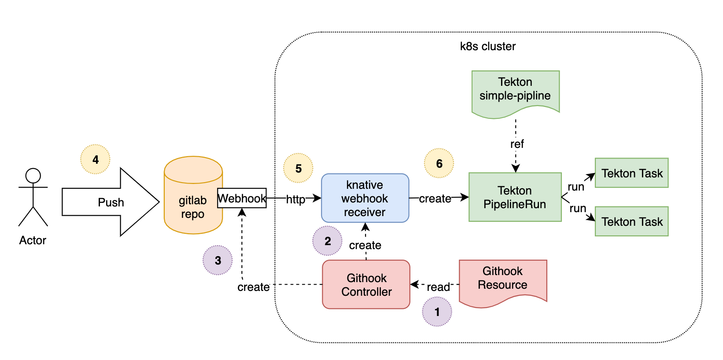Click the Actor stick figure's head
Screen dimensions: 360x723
(x=33, y=176)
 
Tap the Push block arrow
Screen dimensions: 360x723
(x=110, y=202)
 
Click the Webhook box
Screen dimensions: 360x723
(x=242, y=198)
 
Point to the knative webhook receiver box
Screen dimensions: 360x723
(x=365, y=198)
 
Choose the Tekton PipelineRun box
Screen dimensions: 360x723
(x=515, y=197)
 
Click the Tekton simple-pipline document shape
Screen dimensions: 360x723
(x=515, y=92)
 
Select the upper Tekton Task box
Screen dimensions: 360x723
(x=631, y=173)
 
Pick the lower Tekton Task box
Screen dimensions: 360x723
(x=631, y=221)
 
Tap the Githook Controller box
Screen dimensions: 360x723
(x=366, y=284)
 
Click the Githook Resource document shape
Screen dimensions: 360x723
(x=502, y=280)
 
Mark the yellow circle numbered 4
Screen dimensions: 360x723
(x=95, y=159)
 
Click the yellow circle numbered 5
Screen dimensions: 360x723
(x=298, y=168)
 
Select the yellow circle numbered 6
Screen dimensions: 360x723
(x=439, y=163)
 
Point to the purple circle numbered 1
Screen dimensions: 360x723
(x=437, y=312)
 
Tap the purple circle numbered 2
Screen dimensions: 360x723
(x=327, y=241)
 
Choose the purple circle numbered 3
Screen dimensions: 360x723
(x=218, y=260)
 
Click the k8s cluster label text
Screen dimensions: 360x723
(x=487, y=46)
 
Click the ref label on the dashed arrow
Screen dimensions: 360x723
(x=517, y=144)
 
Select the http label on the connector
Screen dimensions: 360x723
(x=295, y=199)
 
